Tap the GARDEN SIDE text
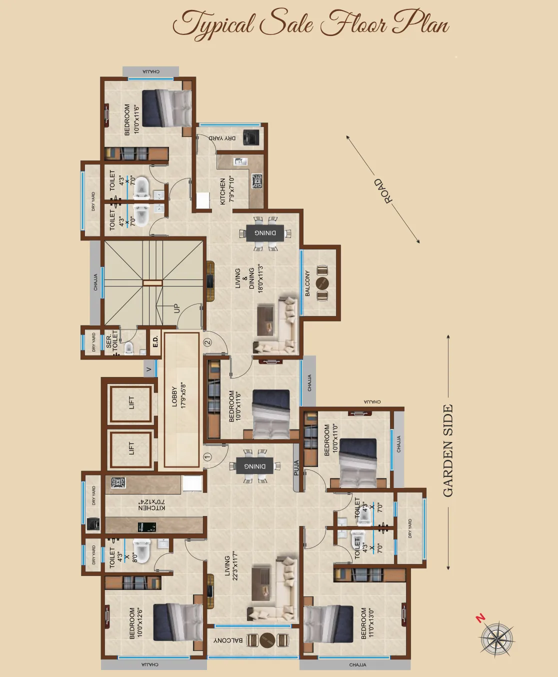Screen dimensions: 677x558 pyautogui.click(x=448, y=450)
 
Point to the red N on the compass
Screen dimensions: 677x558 pyautogui.click(x=480, y=618)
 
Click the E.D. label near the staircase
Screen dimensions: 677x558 pyautogui.click(x=155, y=342)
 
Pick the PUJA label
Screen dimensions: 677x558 pyautogui.click(x=296, y=467)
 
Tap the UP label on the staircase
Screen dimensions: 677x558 pyautogui.click(x=176, y=308)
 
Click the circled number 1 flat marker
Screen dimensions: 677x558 pyautogui.click(x=208, y=456)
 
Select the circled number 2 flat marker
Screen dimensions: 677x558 pyautogui.click(x=207, y=342)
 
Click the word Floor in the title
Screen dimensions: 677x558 pyautogui.click(x=353, y=24)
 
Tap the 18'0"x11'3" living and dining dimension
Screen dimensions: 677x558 pyautogui.click(x=260, y=278)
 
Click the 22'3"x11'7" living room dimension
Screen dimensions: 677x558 pyautogui.click(x=235, y=565)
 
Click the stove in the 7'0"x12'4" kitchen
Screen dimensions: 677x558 pyautogui.click(x=118, y=483)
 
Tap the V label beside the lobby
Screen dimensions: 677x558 pyautogui.click(x=148, y=369)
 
